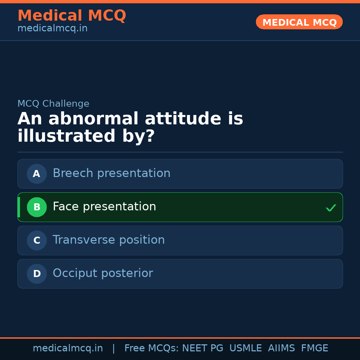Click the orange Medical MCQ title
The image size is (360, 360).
[x=72, y=15]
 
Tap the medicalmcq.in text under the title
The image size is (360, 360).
[x=53, y=28]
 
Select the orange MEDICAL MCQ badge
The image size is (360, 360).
[x=299, y=22]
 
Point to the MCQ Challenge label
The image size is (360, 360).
[x=53, y=104]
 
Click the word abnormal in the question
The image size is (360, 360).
[x=93, y=118]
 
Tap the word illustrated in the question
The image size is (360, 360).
[x=66, y=136]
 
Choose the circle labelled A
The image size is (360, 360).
[x=37, y=174]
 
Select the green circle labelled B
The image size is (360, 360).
[x=37, y=207]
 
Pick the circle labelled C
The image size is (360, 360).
[x=37, y=240]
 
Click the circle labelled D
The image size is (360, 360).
[x=37, y=274]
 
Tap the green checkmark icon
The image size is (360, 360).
[x=331, y=208]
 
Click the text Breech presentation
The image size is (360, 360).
[x=112, y=173]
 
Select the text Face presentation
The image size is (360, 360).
[x=104, y=206]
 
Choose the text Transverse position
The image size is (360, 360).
[x=109, y=240]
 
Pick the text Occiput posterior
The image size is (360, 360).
[x=103, y=273]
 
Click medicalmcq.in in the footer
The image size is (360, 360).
[x=68, y=348]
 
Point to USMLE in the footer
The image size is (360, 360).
[x=245, y=348]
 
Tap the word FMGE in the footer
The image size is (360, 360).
[x=315, y=348]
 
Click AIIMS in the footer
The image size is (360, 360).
[x=281, y=348]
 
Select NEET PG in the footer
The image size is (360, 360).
[x=203, y=348]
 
